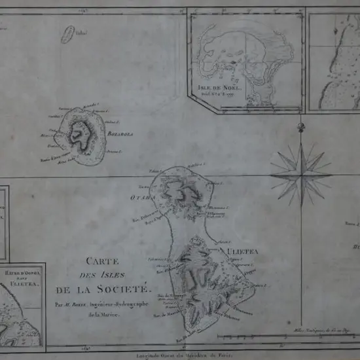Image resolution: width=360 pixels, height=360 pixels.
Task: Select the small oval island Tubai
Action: coord(67,35)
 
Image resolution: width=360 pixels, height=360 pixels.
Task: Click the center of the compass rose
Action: coord(301,173)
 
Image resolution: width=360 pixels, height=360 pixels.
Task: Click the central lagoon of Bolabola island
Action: coord(81,134)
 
